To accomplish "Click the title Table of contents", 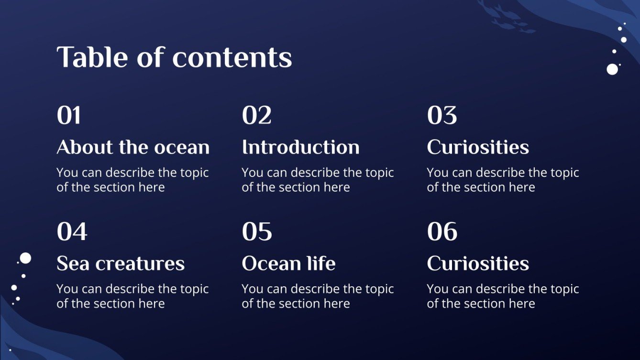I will tap(174, 57).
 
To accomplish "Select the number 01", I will tap(69, 116).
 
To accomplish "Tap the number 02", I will tap(256, 116).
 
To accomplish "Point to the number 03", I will tap(441, 116).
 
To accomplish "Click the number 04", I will tap(72, 232).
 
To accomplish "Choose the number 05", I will tap(257, 232).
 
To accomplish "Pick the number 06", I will tap(442, 232).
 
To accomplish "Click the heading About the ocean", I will tap(133, 147).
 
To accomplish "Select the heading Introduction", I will tap(300, 147).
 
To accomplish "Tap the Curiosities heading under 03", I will tap(478, 147).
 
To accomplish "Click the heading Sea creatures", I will tap(121, 263).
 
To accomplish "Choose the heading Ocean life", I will tap(288, 263).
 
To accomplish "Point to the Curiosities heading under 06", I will tap(478, 263).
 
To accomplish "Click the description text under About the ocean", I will tap(132, 180).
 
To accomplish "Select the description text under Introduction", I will tap(318, 180).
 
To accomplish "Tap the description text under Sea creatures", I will tap(132, 296).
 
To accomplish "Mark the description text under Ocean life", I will tap(318, 296).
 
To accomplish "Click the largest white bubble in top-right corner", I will tap(612, 69).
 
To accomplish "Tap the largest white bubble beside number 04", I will tap(25, 258).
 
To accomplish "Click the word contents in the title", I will tap(232, 57).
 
